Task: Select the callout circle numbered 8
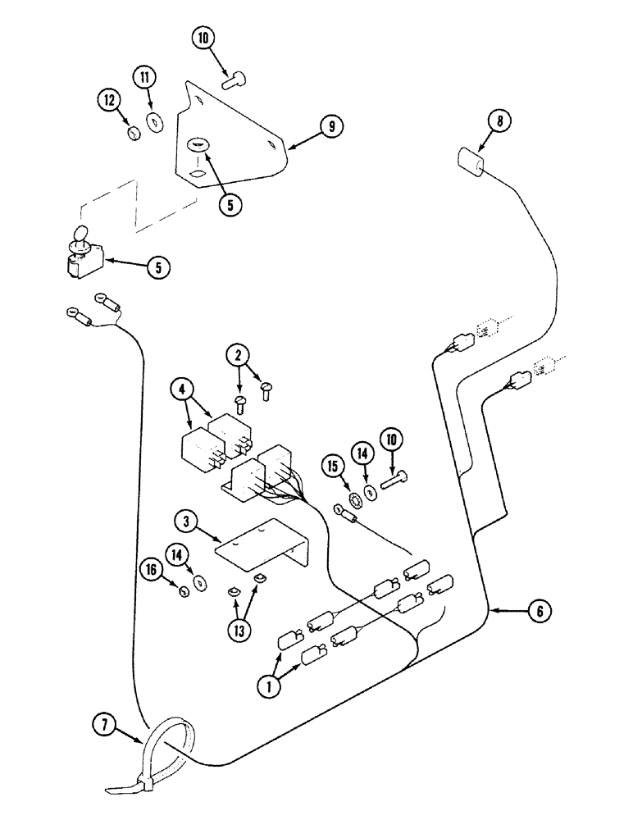click(499, 121)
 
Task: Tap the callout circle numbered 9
click(331, 126)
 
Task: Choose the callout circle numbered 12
click(110, 100)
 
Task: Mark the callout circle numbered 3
click(187, 522)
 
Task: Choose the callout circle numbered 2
click(239, 355)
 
